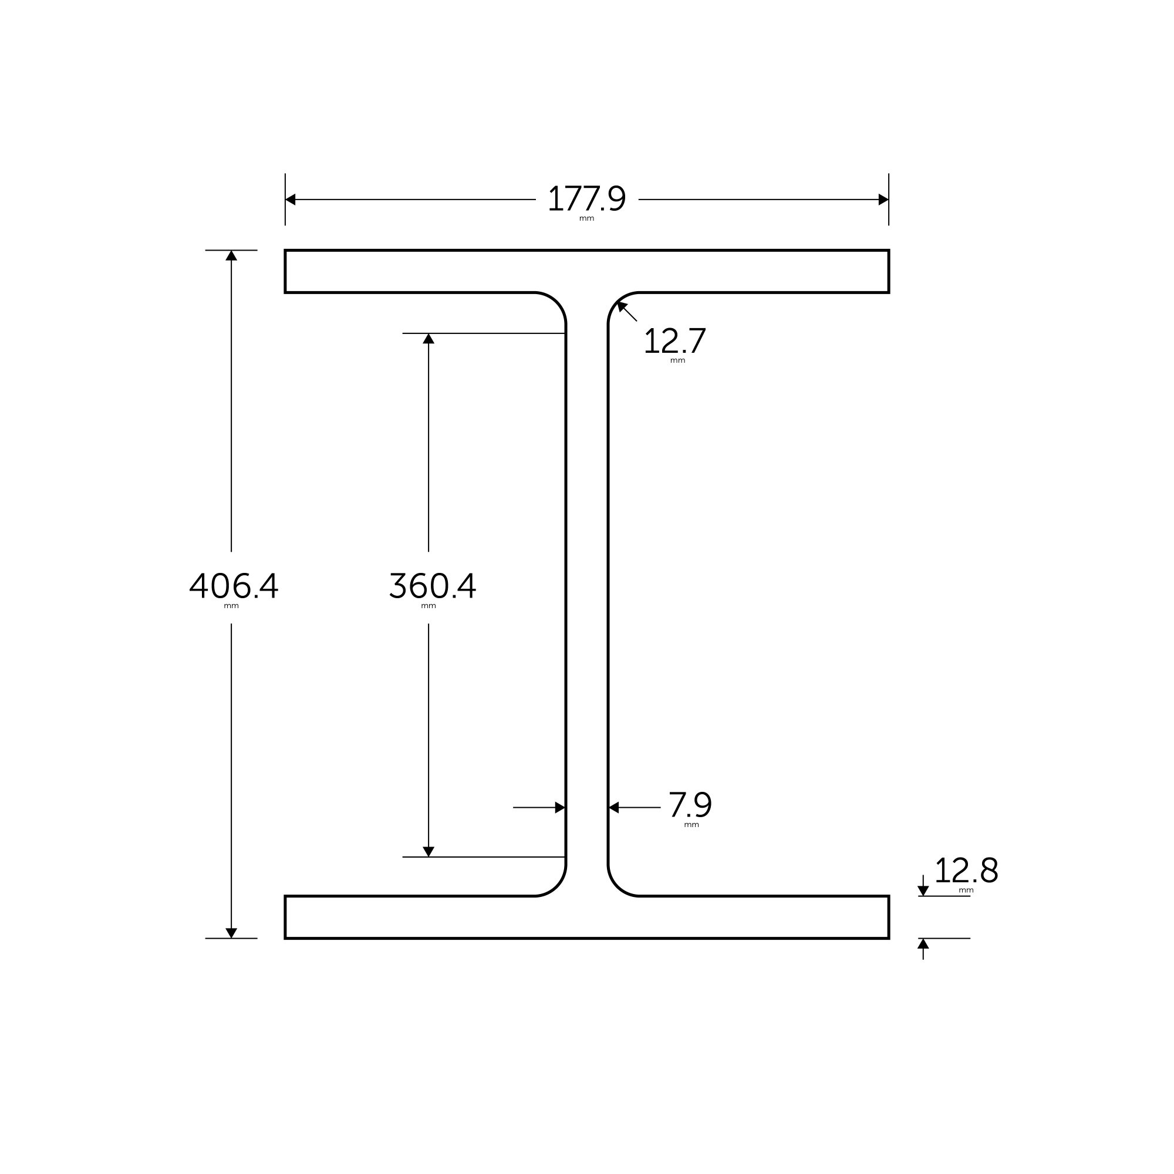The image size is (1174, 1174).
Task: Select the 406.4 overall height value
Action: click(x=234, y=586)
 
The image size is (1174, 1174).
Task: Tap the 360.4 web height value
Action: click(x=432, y=586)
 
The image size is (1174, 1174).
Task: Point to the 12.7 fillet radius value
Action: click(x=674, y=341)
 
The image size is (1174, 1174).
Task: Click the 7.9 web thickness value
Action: click(x=690, y=805)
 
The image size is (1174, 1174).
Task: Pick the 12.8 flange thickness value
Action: click(x=966, y=871)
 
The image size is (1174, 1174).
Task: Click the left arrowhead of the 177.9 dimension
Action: click(x=291, y=200)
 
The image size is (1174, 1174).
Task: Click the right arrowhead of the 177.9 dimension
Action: click(x=883, y=200)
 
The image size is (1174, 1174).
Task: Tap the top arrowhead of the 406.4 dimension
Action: click(x=231, y=256)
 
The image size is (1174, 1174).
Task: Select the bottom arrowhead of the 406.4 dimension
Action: click(x=231, y=932)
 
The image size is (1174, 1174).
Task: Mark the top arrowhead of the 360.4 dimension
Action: click(x=429, y=339)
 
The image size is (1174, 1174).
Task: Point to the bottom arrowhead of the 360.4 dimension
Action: click(x=429, y=851)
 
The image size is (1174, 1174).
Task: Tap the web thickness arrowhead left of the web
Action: click(x=559, y=808)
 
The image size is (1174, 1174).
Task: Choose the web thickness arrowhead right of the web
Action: click(x=614, y=808)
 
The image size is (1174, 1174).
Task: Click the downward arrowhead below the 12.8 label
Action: click(x=923, y=891)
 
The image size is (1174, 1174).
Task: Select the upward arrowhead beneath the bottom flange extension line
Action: click(x=923, y=944)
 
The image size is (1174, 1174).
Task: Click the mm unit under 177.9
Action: click(x=586, y=219)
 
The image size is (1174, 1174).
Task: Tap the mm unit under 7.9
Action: click(x=691, y=825)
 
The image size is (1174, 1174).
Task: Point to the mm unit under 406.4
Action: click(x=231, y=606)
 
